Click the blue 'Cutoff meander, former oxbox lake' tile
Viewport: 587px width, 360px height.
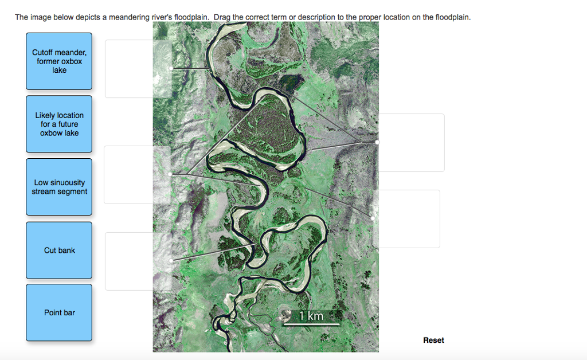tap(59, 61)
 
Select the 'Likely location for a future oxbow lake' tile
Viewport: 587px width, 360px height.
tap(59, 124)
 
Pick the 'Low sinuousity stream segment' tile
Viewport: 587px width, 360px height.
tap(59, 187)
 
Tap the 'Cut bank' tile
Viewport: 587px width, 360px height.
tap(59, 250)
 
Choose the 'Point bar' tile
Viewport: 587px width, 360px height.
tap(59, 312)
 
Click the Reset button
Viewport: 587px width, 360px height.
tap(433, 340)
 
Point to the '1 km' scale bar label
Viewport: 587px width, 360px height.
tap(311, 316)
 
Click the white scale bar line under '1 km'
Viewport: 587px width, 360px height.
tap(311, 324)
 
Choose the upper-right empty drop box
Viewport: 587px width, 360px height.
tap(412, 143)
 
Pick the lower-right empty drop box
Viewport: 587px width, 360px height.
tap(408, 218)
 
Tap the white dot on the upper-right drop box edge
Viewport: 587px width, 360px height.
tap(377, 142)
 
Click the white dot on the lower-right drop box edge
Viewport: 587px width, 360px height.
tap(373, 218)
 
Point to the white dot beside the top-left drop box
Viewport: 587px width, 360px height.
tap(171, 68)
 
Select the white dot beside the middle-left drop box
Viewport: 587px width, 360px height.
tap(171, 174)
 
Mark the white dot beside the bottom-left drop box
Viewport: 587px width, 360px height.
tap(171, 261)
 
